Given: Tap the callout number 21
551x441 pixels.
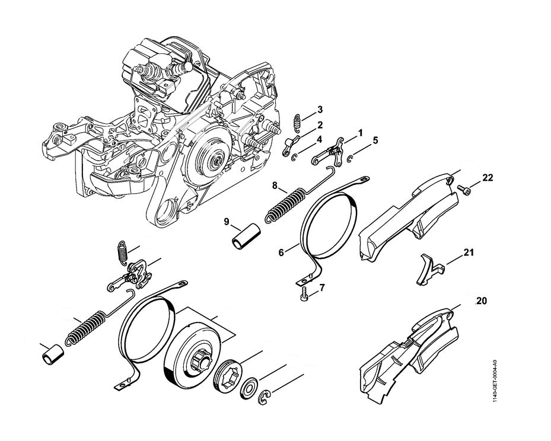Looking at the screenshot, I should pyautogui.click(x=469, y=253).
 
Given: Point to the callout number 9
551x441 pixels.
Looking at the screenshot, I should pyautogui.click(x=226, y=222).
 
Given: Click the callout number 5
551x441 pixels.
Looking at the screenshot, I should pyautogui.click(x=375, y=140).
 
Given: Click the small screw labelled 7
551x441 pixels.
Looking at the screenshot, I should pyautogui.click(x=304, y=293).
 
